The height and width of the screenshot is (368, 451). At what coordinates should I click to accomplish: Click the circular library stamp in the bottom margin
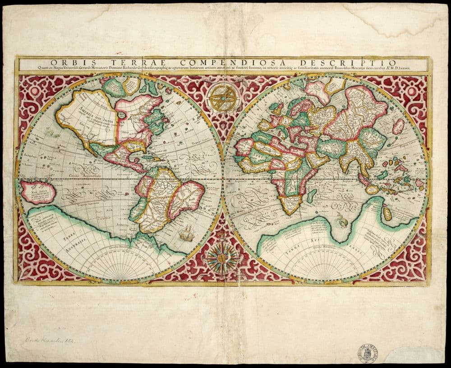point(368,353)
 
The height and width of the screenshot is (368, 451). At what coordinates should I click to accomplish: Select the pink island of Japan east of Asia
point(398,126)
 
